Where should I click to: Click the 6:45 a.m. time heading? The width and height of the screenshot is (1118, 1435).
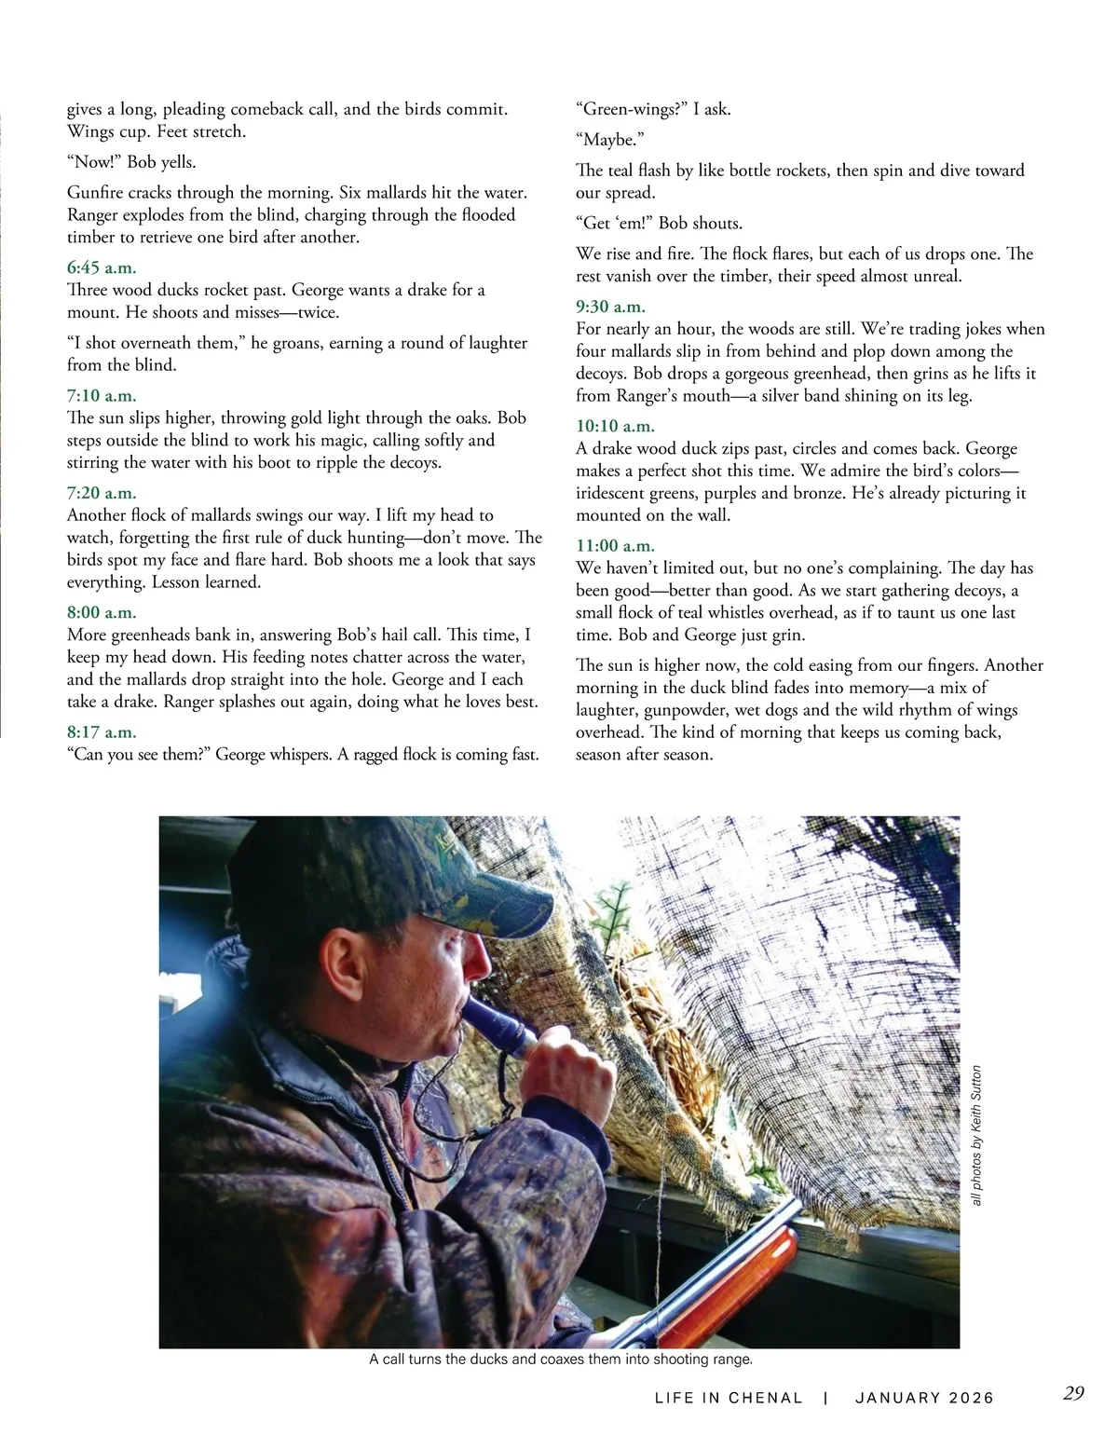click(x=102, y=268)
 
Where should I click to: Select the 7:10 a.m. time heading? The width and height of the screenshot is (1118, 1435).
click(x=102, y=396)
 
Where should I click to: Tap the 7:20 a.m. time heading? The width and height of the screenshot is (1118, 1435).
click(x=102, y=493)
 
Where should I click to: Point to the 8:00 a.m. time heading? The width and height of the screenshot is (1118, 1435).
click(x=102, y=613)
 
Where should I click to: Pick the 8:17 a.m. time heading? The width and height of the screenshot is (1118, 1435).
click(x=102, y=732)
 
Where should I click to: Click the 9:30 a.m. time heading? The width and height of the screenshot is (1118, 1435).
click(x=610, y=307)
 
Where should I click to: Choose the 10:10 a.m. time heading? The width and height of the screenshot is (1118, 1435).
click(x=615, y=427)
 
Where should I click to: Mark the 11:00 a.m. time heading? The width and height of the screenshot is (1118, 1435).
click(x=615, y=546)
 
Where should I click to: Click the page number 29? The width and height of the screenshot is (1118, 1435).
click(x=1073, y=1393)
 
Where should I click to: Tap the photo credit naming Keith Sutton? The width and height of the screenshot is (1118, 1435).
click(x=976, y=1135)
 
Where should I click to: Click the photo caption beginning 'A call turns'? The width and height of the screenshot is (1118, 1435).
click(x=560, y=1360)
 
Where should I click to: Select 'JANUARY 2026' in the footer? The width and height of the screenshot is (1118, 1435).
click(x=924, y=1398)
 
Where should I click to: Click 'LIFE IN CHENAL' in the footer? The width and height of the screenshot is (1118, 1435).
click(x=729, y=1398)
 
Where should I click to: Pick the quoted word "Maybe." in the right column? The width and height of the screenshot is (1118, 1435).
click(x=610, y=140)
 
